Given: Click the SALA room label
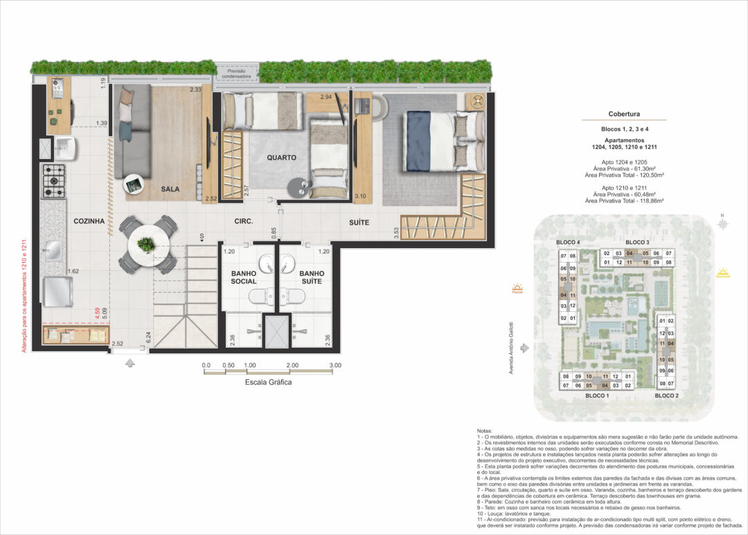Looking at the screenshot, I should [x=170, y=188].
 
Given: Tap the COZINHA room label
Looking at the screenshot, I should [x=89, y=221].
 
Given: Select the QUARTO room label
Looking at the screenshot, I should [x=281, y=157].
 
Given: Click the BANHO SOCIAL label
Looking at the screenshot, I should [x=244, y=278].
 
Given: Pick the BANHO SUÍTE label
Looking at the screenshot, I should [x=312, y=278].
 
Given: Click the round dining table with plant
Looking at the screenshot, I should [x=146, y=245].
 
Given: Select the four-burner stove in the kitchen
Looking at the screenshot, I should [x=53, y=182].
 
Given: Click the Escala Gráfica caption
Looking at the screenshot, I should [x=269, y=382].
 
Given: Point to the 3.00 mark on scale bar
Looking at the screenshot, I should [x=335, y=365].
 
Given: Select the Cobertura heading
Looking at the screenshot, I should [x=624, y=114].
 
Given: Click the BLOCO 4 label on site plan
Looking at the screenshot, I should [x=568, y=242].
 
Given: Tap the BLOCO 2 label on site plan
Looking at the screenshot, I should [x=667, y=395].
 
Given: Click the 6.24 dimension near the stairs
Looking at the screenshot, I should [x=149, y=337].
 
